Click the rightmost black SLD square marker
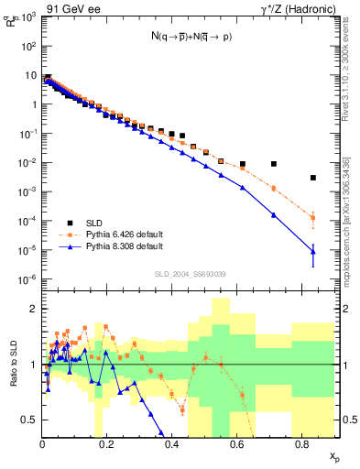pos(313,178)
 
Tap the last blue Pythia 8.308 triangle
pos(313,251)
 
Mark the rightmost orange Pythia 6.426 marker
pos(313,218)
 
